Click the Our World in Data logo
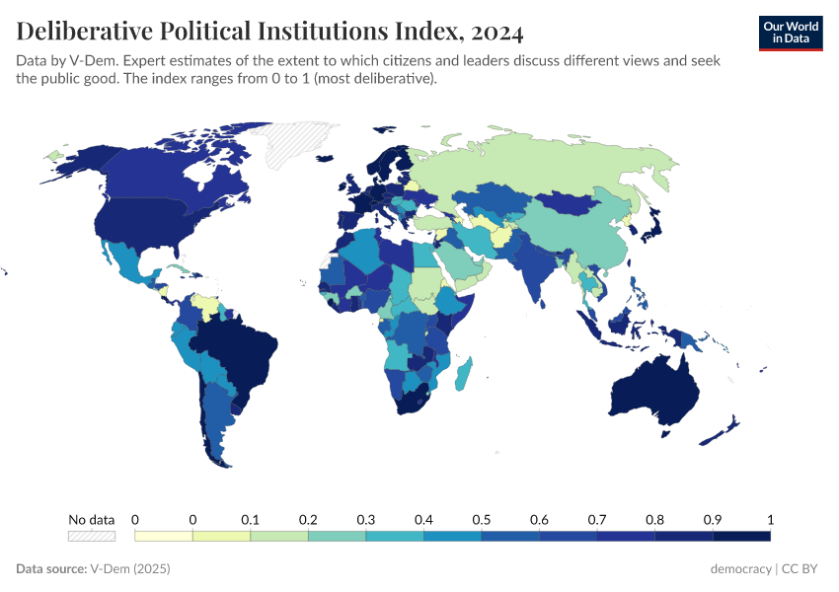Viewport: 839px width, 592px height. pyautogui.click(x=790, y=33)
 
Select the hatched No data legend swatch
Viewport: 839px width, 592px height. pyautogui.click(x=91, y=536)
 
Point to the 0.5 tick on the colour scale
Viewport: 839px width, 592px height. pyautogui.click(x=482, y=519)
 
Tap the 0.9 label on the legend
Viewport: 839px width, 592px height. pyautogui.click(x=713, y=519)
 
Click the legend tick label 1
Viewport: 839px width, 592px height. pyautogui.click(x=769, y=519)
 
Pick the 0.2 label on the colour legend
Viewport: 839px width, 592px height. pyautogui.click(x=308, y=519)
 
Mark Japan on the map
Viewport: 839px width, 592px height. pyautogui.click(x=653, y=223)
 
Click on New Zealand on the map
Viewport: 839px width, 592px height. pyautogui.click(x=725, y=429)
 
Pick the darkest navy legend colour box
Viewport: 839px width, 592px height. pyautogui.click(x=741, y=536)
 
